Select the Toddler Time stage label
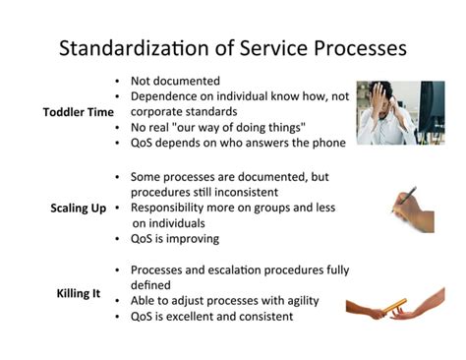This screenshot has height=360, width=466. click(79, 111)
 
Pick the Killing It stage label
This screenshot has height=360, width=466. click(78, 293)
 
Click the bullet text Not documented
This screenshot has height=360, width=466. click(175, 81)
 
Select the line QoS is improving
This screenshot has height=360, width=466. click(175, 238)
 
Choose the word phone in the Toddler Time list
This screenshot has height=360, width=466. click(326, 144)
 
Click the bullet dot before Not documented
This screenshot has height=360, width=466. click(118, 81)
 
